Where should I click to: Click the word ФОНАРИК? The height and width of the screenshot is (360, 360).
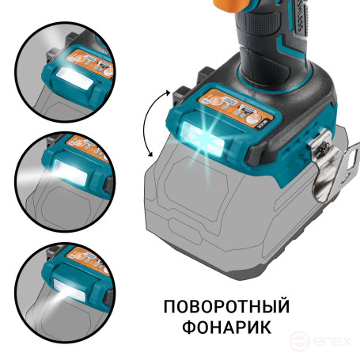tap(225, 326)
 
